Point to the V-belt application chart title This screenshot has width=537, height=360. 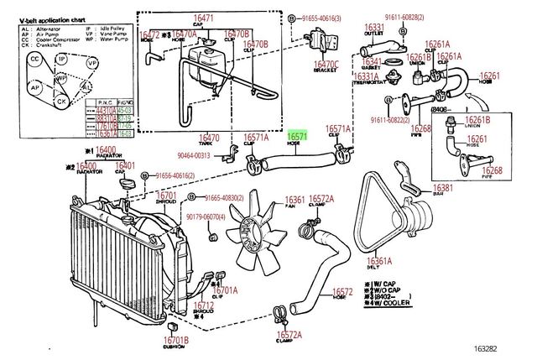[55, 16]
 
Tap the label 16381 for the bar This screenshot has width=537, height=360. [443, 188]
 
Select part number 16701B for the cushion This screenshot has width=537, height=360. [176, 340]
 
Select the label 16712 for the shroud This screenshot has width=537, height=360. [206, 305]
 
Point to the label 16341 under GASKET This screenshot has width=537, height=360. [372, 61]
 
